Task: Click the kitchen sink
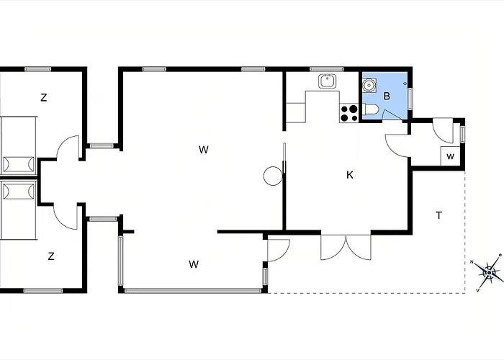tap(328, 81)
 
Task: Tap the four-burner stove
tap(350, 112)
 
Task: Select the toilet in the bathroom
tap(370, 109)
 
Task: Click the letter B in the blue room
tap(387, 96)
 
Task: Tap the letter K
tap(350, 175)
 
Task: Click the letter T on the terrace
tap(438, 215)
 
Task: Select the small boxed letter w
tap(450, 156)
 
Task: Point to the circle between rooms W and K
tap(273, 176)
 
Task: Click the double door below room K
tap(346, 246)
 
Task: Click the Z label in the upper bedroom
tap(44, 98)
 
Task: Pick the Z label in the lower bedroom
tap(51, 256)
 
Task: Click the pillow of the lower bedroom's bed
tap(18, 192)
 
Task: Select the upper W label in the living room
tap(204, 150)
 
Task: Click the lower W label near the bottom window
tap(194, 264)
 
